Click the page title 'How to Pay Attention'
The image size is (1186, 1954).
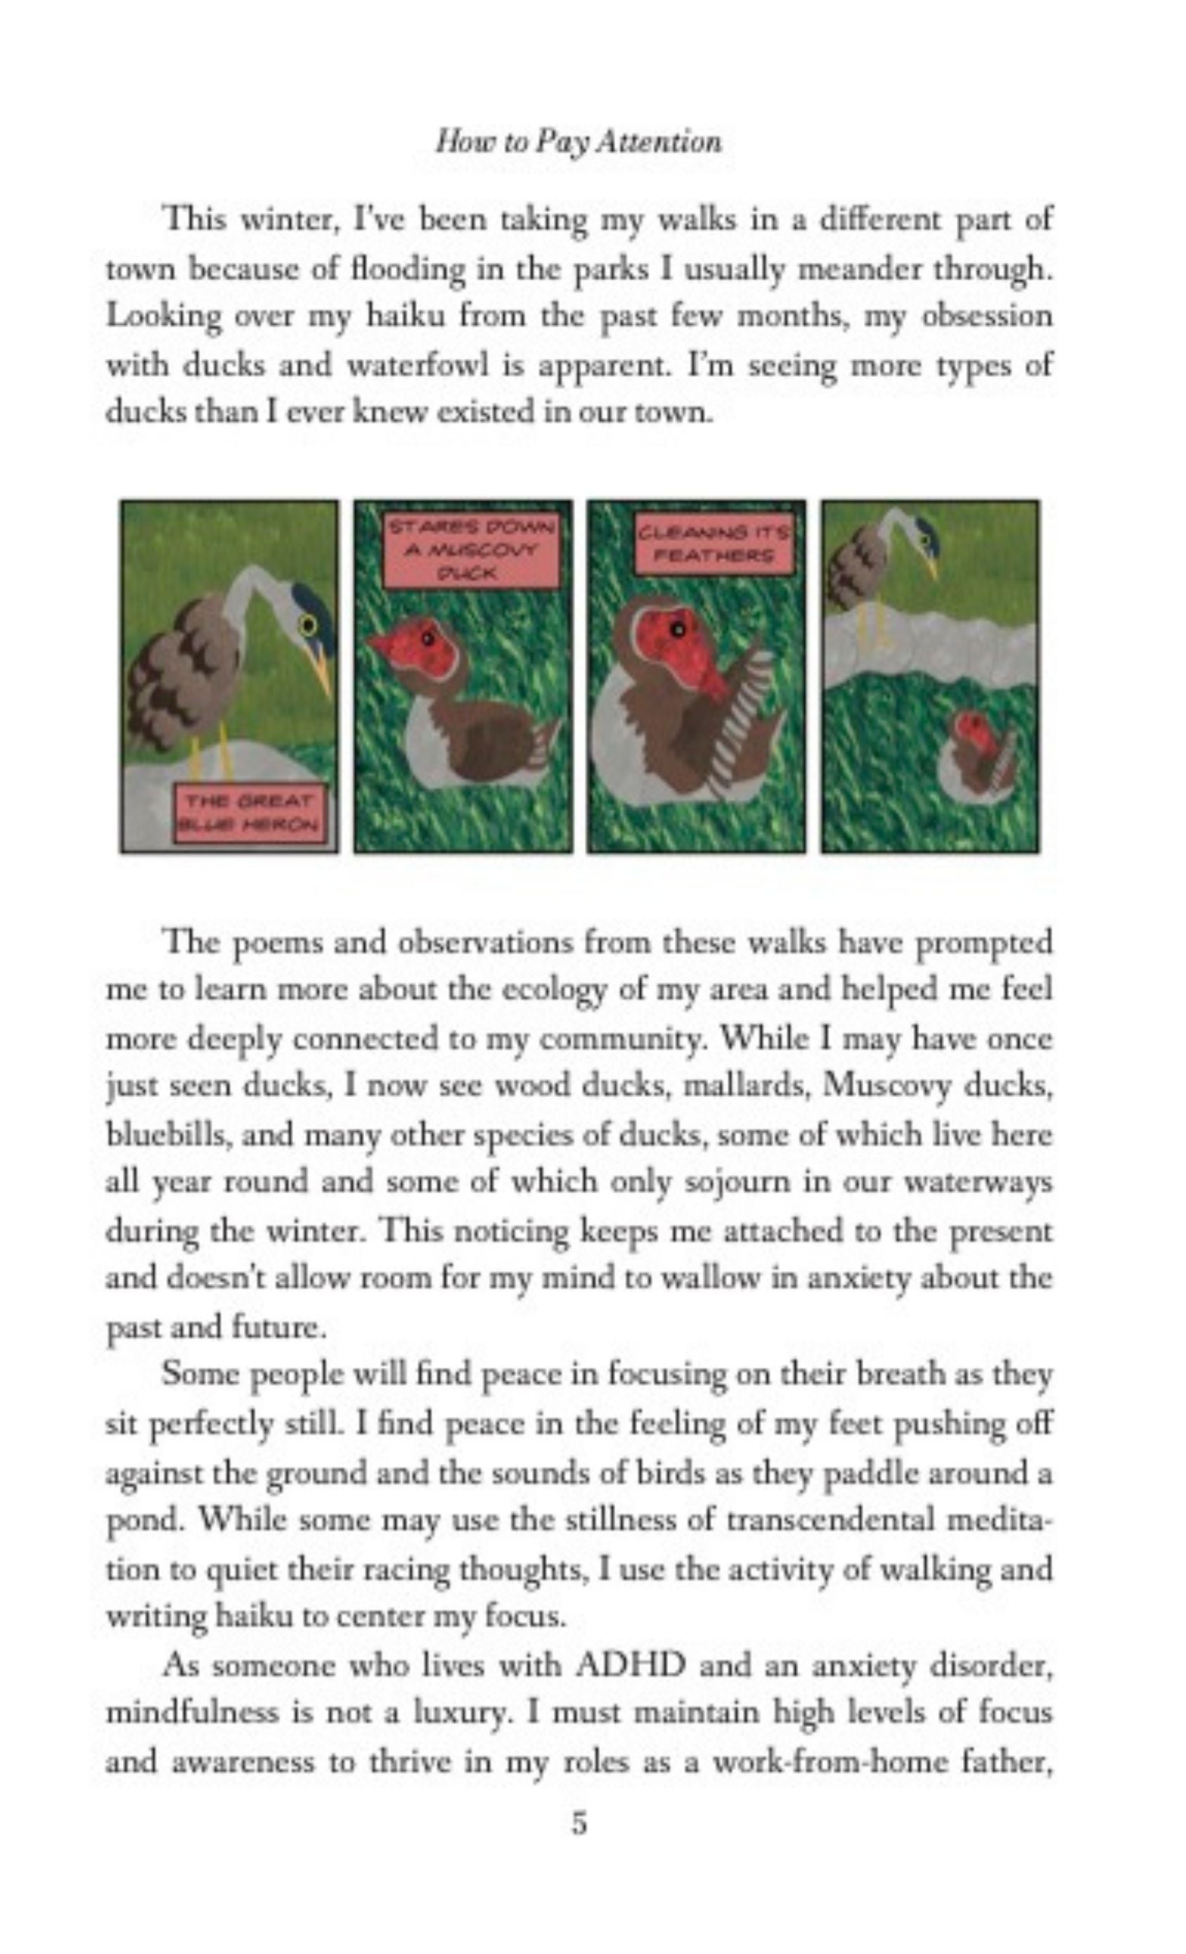[x=578, y=142]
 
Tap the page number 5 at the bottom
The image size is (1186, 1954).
[x=579, y=1823]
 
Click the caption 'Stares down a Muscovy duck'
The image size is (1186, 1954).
[x=471, y=548]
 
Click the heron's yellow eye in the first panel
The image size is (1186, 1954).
[x=308, y=626]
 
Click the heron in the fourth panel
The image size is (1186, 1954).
[x=880, y=555]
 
